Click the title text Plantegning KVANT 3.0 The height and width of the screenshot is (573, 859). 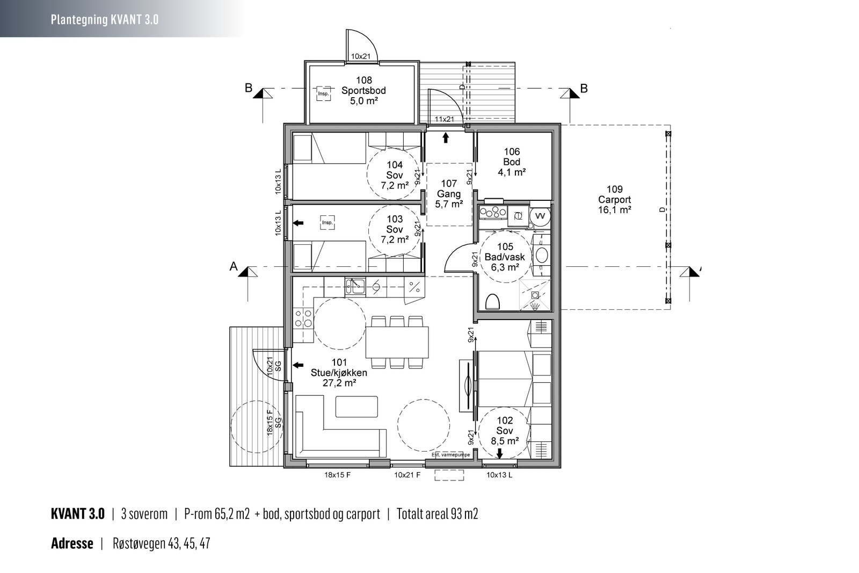click(x=105, y=19)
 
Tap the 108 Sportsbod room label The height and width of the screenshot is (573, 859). click(x=363, y=91)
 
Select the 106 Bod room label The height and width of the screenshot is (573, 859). click(x=512, y=162)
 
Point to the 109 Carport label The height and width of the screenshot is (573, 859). click(x=614, y=199)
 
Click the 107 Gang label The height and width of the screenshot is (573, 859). click(x=449, y=194)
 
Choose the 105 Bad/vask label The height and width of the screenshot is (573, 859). click(x=505, y=257)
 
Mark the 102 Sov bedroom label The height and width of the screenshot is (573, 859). click(x=505, y=431)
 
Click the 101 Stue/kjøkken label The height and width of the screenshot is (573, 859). click(x=339, y=372)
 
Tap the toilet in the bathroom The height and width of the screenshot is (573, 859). click(x=492, y=301)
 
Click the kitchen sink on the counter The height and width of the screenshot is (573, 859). click(x=355, y=287)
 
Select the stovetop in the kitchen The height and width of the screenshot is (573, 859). click(x=303, y=318)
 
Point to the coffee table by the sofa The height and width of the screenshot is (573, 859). click(x=356, y=407)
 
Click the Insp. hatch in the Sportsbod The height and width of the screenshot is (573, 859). click(x=323, y=93)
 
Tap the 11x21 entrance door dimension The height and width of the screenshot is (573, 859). click(x=444, y=119)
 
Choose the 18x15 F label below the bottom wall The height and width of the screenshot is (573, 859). click(x=338, y=475)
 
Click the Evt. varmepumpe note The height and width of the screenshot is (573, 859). click(x=450, y=455)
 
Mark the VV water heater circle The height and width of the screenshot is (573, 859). click(x=540, y=216)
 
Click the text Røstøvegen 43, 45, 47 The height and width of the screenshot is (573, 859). click(x=162, y=543)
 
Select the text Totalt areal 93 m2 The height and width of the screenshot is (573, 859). click(x=437, y=514)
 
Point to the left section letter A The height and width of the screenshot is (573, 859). click(x=234, y=266)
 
